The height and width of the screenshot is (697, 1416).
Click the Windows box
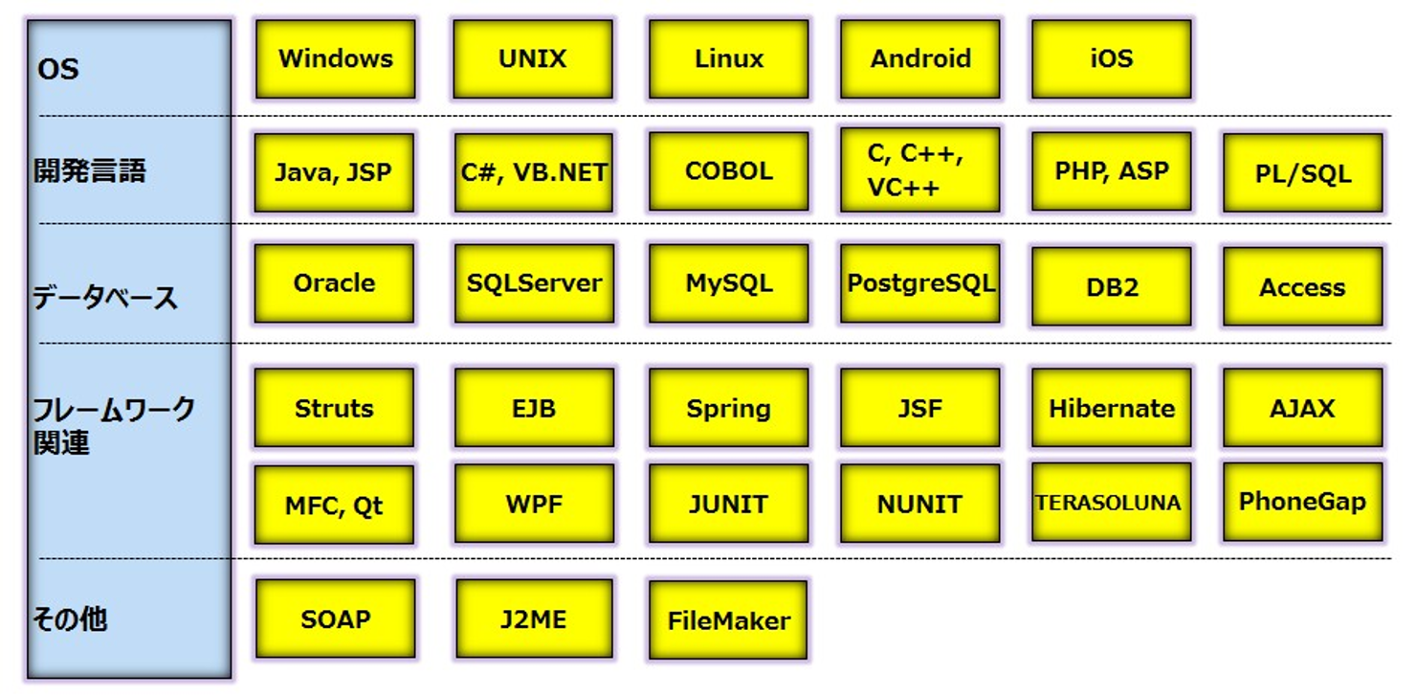[336, 59]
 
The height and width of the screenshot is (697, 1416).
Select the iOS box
[1112, 59]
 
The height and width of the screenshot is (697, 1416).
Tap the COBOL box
[728, 171]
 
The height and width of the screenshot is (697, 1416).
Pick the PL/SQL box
[1303, 173]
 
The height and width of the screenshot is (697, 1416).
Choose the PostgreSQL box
[920, 283]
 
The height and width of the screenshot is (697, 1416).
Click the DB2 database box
[1112, 287]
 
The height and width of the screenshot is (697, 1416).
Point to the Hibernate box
[1112, 409]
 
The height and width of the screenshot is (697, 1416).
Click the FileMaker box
[728, 620]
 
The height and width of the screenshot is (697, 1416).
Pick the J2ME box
[534, 619]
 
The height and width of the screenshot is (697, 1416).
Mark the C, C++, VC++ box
[920, 170]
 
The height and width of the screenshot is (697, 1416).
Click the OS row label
[57, 70]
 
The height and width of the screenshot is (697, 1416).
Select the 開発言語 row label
[90, 171]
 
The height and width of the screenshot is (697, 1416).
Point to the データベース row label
[105, 297]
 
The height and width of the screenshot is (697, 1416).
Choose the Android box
[920, 59]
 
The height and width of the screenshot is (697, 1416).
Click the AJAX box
[1303, 409]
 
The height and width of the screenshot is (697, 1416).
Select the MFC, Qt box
[334, 505]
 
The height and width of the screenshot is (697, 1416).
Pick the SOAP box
[336, 619]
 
